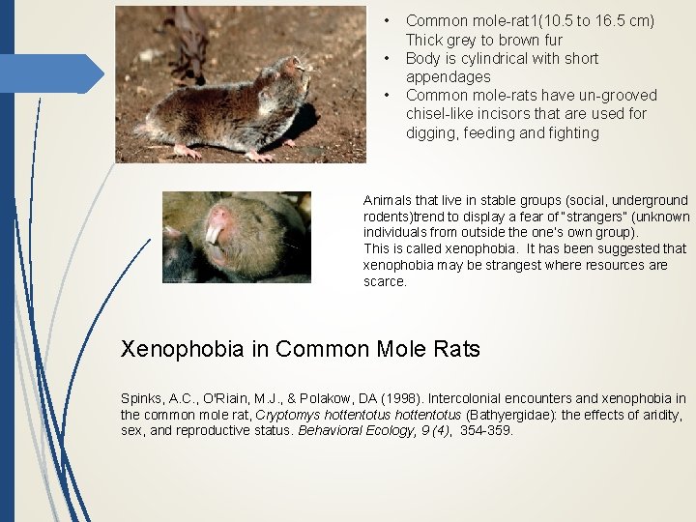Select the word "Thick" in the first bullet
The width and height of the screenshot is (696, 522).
pos(423,40)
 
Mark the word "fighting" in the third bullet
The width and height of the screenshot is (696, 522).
pos(570,132)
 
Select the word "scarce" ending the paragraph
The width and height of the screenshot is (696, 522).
pos(384,281)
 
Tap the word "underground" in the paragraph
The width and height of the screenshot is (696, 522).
pos(653,200)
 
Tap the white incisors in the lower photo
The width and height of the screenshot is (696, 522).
pos(214,233)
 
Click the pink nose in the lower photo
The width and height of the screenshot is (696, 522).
pos(219,215)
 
